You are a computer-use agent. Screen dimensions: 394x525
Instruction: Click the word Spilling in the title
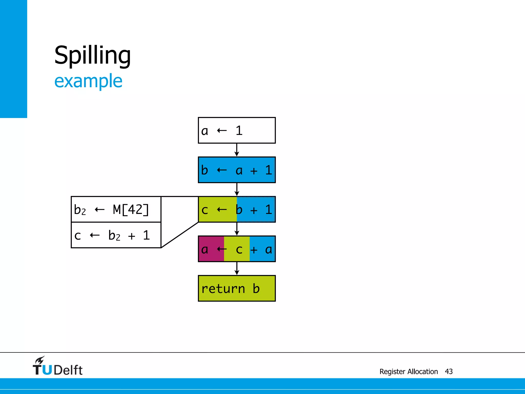pyautogui.click(x=93, y=55)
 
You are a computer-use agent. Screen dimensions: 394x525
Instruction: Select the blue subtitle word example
pyautogui.click(x=88, y=81)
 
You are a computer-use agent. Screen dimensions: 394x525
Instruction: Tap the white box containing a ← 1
pyautogui.click(x=237, y=130)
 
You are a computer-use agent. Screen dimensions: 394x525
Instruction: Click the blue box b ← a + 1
pyautogui.click(x=237, y=170)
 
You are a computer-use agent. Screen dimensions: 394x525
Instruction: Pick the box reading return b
pyautogui.click(x=237, y=288)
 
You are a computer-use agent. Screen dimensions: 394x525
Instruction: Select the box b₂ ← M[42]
pyautogui.click(x=116, y=209)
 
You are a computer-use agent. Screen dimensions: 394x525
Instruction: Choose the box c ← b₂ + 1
pyautogui.click(x=116, y=235)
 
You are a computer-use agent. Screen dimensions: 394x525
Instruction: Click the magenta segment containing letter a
pyautogui.click(x=211, y=249)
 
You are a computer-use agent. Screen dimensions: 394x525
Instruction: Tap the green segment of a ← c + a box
pyautogui.click(x=237, y=249)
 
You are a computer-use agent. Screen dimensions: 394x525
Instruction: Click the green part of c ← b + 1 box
pyautogui.click(x=217, y=209)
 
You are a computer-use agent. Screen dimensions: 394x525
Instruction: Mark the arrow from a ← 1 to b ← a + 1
pyautogui.click(x=237, y=150)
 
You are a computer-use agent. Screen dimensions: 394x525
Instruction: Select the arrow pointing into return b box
pyautogui.click(x=237, y=269)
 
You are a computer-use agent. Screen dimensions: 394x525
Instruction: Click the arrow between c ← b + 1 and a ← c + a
pyautogui.click(x=237, y=229)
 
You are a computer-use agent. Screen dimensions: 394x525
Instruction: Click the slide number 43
pyautogui.click(x=449, y=371)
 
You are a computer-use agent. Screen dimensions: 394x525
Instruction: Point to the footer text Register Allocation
pyautogui.click(x=408, y=371)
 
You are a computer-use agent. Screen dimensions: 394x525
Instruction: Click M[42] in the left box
pyautogui.click(x=131, y=209)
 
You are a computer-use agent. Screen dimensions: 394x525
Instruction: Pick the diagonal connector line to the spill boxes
pyautogui.click(x=180, y=235)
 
